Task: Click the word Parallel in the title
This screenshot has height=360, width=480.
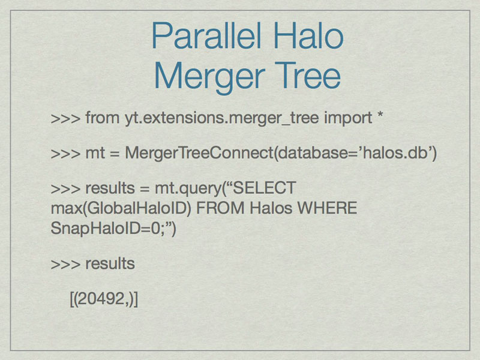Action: (206, 36)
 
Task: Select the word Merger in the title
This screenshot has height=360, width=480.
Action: (209, 77)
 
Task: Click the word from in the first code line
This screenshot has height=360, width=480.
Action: (102, 118)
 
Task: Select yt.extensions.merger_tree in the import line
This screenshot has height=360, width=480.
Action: (221, 118)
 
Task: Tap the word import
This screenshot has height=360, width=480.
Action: (348, 118)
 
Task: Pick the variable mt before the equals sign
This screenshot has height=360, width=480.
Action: (95, 153)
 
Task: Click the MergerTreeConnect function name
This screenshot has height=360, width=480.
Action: (199, 153)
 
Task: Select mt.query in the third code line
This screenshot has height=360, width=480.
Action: (188, 188)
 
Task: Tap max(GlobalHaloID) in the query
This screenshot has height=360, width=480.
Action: (121, 208)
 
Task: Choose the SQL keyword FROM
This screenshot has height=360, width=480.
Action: (220, 208)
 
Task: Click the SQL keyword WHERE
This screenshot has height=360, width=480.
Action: (327, 208)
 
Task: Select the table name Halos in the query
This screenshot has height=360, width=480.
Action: (271, 208)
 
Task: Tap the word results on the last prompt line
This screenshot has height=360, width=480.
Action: (110, 263)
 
